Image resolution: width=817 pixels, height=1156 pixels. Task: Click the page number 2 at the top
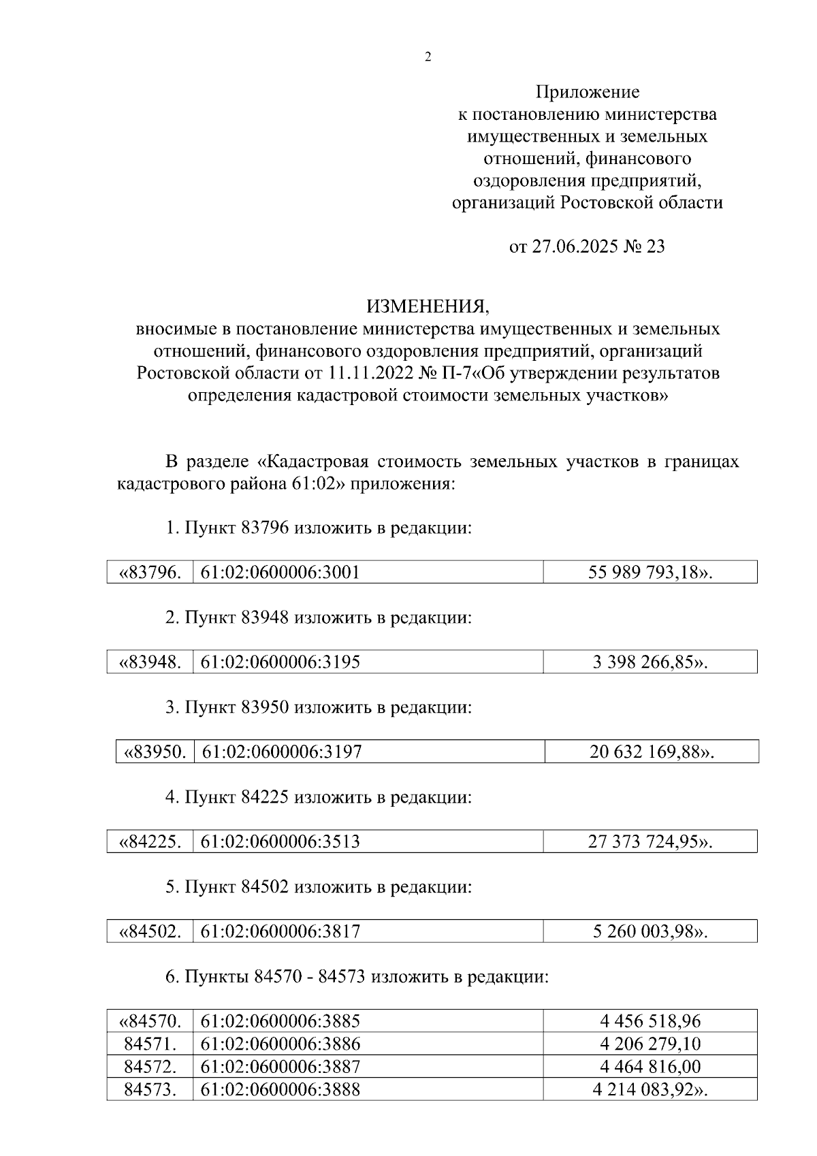click(x=428, y=57)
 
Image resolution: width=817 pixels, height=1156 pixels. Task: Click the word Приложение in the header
click(x=588, y=91)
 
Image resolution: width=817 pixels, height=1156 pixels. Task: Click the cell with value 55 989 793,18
click(x=650, y=573)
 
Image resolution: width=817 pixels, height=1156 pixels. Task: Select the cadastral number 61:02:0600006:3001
click(x=280, y=573)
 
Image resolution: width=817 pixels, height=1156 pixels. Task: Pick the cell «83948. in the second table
click(x=150, y=662)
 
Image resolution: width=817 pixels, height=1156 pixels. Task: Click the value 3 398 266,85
click(x=650, y=662)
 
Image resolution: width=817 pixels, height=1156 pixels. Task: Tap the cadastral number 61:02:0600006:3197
click(x=282, y=752)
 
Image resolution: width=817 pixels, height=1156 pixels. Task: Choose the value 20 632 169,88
click(x=652, y=752)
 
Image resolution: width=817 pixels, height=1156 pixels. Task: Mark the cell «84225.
click(x=150, y=842)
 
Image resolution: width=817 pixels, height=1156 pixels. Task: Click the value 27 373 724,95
click(x=650, y=842)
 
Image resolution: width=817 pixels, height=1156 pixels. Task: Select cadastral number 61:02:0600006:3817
click(x=280, y=932)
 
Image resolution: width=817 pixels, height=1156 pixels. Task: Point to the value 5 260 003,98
click(x=650, y=932)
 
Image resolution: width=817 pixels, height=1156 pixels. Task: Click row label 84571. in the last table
click(x=150, y=1044)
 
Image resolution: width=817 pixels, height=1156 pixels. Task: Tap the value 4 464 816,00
click(x=650, y=1067)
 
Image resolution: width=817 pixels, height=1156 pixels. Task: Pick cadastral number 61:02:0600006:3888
click(x=280, y=1089)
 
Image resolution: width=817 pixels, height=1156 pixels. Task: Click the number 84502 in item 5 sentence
click(x=265, y=887)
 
